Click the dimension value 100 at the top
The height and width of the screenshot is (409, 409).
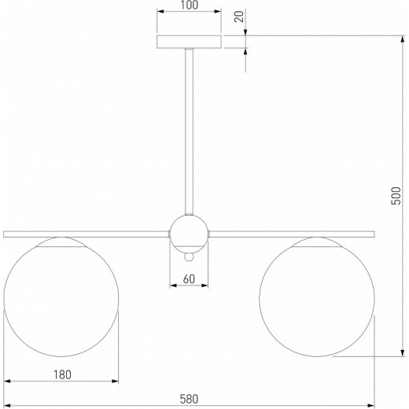[190, 6]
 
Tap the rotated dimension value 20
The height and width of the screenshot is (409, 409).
[239, 17]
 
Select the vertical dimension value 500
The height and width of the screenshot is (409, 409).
[396, 196]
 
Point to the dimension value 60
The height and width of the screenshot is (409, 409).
[189, 279]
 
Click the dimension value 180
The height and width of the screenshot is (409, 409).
[62, 374]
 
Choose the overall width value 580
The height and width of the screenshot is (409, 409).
[189, 399]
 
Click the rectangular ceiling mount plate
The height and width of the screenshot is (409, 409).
[189, 42]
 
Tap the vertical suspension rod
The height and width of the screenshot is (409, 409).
[189, 131]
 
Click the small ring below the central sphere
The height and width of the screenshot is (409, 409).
[189, 257]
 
